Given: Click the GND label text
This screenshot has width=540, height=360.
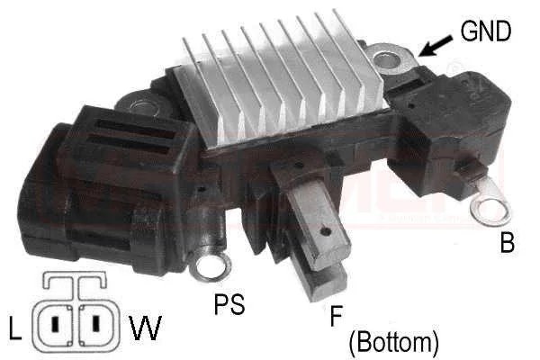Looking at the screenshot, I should [485, 31].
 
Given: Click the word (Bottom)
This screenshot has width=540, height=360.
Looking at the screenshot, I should [392, 342].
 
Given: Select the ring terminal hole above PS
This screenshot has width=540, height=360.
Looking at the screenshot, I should [210, 266].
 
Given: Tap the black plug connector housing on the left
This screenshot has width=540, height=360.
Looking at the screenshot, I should [90, 180].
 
